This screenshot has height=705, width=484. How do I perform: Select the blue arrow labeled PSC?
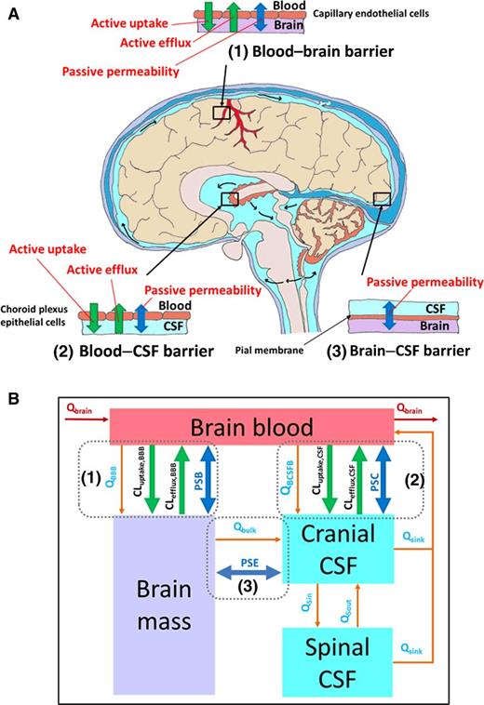click(x=383, y=478)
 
